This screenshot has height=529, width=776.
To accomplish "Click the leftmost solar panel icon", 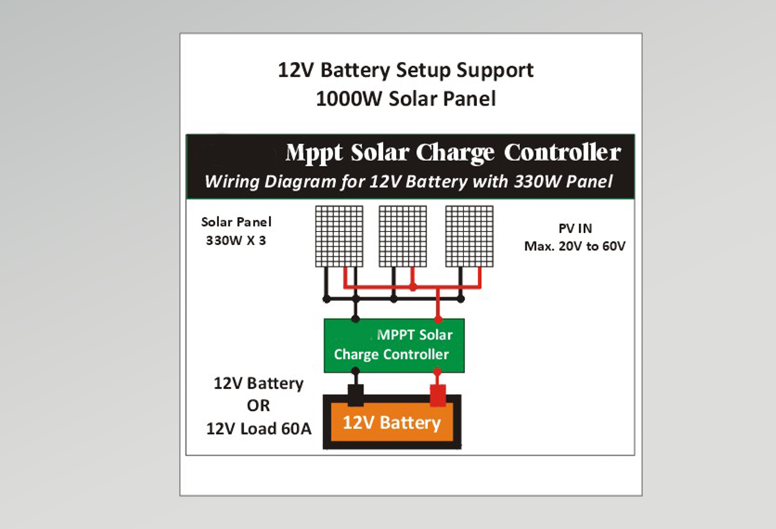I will coord(338,236).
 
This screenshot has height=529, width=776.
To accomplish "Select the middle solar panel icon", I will coord(403,236).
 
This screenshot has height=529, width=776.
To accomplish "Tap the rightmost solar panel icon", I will coord(469,236).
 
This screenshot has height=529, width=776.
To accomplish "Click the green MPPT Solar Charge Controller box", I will coord(394,345).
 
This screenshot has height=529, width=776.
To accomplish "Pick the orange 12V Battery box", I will coord(392,423).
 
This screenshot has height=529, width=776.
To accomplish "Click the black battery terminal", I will coord(355,395).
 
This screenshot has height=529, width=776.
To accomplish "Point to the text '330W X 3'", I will coord(236,241).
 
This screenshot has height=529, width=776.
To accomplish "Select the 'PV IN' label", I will coord(576,229).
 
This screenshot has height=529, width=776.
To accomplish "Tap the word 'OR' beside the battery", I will coord(258,406).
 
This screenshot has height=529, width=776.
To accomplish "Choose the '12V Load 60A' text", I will coord(259,429).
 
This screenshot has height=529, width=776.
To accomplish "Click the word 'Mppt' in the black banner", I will coord(313,154).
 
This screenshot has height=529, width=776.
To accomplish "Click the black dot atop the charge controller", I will coord(355,318).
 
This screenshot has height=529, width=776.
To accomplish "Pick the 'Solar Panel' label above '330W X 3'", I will coord(236,222).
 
